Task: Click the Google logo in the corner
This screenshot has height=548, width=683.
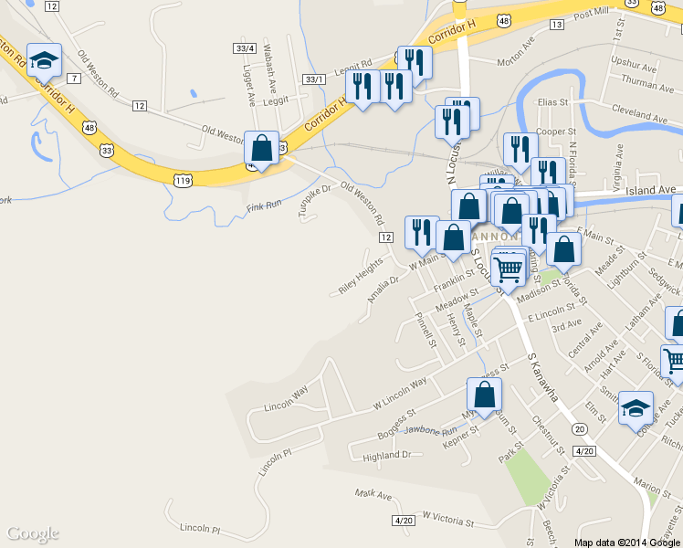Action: [x=33, y=533]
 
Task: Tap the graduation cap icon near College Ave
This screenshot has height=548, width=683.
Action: [x=636, y=407]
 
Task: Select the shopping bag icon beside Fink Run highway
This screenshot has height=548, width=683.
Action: [x=262, y=148]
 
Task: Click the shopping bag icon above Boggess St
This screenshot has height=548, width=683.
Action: [x=484, y=395]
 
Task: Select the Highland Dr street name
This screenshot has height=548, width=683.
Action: [x=387, y=455]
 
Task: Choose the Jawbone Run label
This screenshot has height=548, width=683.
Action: [x=429, y=430]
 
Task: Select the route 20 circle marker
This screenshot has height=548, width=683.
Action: [x=579, y=428]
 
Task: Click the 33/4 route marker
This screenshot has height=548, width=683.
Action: [x=244, y=47]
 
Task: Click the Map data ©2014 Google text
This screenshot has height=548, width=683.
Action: [x=628, y=542]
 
